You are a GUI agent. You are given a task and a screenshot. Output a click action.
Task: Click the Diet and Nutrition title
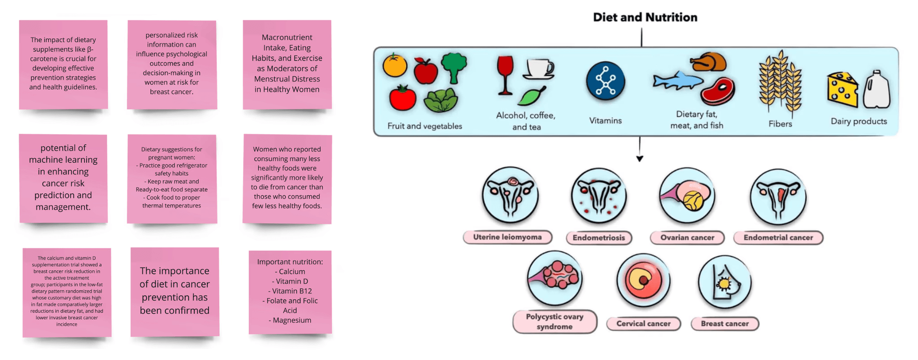pos(645,17)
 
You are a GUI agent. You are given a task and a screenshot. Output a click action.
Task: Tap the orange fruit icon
pos(394,65)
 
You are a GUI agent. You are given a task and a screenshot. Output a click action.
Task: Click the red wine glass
pos(505,74)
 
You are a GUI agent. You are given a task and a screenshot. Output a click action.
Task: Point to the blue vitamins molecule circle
pos(605,81)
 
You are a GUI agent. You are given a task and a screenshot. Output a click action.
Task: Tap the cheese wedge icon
pos(842,90)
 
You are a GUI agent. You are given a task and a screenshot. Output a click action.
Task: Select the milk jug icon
pos(876,90)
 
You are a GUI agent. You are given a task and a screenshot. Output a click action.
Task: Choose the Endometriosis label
pos(598,238)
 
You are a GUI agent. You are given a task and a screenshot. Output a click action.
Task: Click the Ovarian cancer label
pos(687,238)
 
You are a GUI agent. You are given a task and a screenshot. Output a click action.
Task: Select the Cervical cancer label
pos(643,324)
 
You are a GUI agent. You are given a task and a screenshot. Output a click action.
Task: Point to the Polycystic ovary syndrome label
pos(554,321)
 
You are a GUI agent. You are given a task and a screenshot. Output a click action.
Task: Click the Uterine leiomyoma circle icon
pos(510,195)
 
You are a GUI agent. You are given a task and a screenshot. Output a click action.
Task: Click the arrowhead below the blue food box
pos(640,159)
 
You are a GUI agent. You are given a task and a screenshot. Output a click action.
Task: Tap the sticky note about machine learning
pos(63,178)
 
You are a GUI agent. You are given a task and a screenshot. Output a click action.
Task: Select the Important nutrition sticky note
pos(290,291)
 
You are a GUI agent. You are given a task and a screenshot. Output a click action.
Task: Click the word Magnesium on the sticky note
pos(292,320)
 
